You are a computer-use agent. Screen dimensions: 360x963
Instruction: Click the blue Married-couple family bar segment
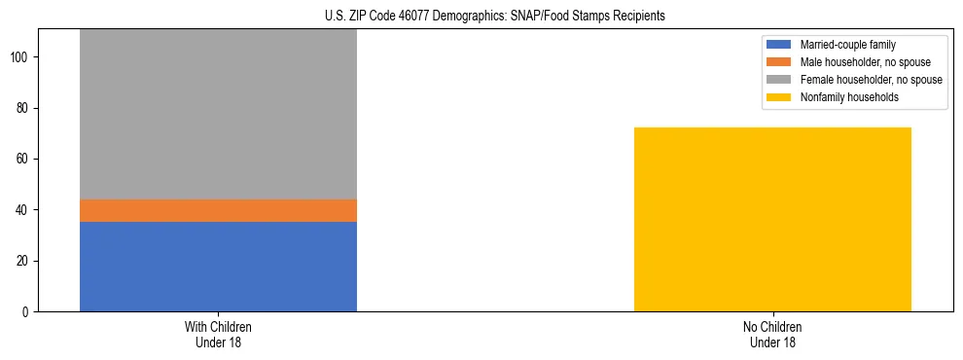pyautogui.click(x=218, y=267)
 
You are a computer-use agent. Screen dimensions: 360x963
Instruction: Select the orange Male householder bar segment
pyautogui.click(x=218, y=211)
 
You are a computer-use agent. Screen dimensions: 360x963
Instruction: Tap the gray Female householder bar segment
pyautogui.click(x=218, y=115)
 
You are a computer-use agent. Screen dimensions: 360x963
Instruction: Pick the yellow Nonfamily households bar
pyautogui.click(x=772, y=220)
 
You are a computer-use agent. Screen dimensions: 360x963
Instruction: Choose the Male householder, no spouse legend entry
pyautogui.click(x=859, y=62)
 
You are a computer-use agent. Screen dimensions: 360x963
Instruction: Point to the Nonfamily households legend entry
pyautogui.click(x=842, y=97)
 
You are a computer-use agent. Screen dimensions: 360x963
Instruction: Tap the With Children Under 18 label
pyautogui.click(x=218, y=334)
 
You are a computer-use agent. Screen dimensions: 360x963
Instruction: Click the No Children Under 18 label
pyautogui.click(x=772, y=334)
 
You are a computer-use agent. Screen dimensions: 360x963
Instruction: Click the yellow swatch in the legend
pyautogui.click(x=780, y=97)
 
